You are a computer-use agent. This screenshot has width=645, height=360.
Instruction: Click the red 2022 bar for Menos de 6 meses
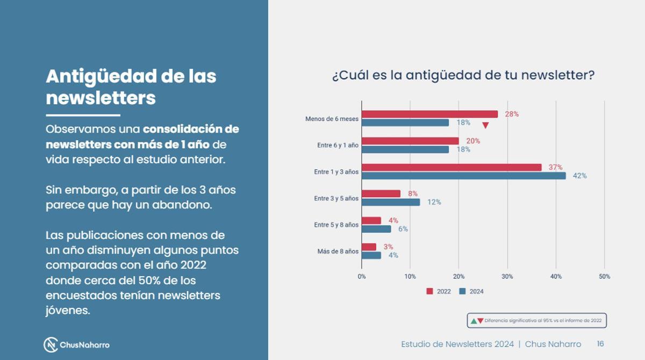429,114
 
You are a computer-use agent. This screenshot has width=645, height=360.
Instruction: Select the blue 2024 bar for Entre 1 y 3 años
463,176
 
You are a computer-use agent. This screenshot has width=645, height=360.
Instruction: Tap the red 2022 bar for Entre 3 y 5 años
381,193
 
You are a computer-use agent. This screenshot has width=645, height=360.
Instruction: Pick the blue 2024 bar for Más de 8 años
371,255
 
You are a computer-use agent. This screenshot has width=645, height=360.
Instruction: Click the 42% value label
579,176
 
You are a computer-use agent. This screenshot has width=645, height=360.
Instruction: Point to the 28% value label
512,114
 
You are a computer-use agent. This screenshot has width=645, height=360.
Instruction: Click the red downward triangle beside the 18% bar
485,126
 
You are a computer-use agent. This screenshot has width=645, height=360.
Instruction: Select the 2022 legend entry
439,291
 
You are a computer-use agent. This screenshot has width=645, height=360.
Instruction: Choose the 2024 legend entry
471,291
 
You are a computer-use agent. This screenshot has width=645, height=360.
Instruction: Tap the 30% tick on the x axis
507,276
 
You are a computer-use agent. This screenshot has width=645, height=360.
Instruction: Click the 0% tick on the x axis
362,276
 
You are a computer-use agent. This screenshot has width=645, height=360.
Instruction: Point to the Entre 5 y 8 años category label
336,225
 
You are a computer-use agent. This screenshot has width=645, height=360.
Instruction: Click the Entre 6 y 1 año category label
338,145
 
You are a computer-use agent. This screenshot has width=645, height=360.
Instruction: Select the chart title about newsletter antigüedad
463,75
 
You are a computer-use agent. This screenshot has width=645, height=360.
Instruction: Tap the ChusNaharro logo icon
51,344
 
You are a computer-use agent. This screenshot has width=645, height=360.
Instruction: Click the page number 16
600,344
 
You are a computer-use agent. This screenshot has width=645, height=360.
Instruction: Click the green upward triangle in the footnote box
474,321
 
